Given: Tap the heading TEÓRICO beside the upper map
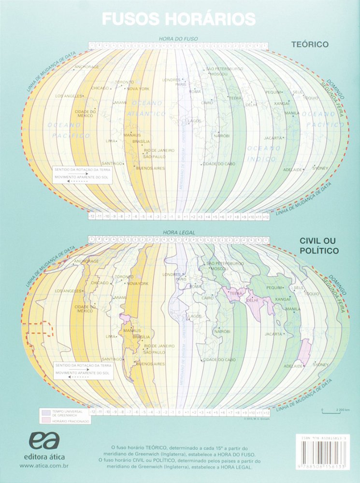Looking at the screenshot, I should point(309,44).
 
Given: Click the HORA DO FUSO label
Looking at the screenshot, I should point(178,38).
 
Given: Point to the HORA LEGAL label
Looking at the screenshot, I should point(179,232).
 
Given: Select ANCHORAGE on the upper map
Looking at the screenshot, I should point(87,67).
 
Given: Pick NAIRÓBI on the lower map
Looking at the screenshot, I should point(223,332).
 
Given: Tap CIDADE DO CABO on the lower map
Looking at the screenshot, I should point(219,360).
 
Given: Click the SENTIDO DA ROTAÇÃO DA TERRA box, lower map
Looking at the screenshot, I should point(83,369).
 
